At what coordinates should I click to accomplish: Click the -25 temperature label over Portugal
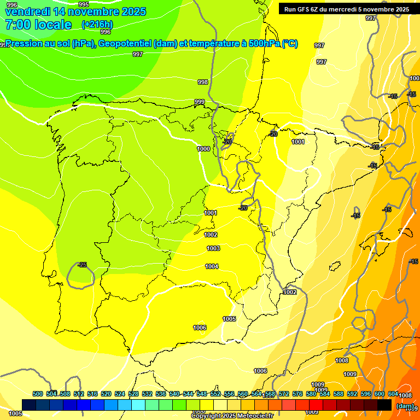pyautogui.click(x=82, y=265)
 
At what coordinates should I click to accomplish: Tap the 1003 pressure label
pyautogui.click(x=213, y=248)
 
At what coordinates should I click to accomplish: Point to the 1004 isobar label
pyautogui.click(x=212, y=266)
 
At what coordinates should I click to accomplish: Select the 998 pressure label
pyautogui.click(x=203, y=82)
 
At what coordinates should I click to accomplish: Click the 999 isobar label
pyautogui.click(x=200, y=102)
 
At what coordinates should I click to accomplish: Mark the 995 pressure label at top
pyautogui.click(x=84, y=4)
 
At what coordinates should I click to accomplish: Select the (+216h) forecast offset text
pyautogui.click(x=97, y=25)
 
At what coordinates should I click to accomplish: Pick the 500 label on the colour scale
pyautogui.click(x=38, y=394)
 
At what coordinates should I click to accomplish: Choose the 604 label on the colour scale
pyautogui.click(x=393, y=394)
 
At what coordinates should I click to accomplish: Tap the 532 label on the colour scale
pyautogui.click(x=147, y=394)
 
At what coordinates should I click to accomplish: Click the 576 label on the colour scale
pyautogui.click(x=297, y=394)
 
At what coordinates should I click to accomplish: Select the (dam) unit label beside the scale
pyautogui.click(x=405, y=406)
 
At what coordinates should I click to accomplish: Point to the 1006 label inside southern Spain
pyautogui.click(x=200, y=328)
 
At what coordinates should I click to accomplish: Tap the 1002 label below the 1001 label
pyautogui.click(x=211, y=235)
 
